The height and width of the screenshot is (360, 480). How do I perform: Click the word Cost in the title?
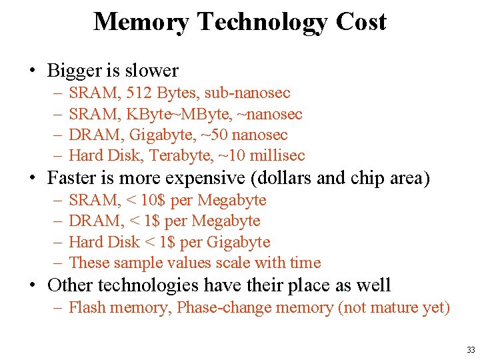click(x=361, y=22)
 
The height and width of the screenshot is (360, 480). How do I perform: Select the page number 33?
click(x=471, y=350)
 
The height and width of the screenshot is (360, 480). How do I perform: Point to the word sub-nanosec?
click(x=247, y=93)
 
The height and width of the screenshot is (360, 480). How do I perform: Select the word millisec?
click(x=275, y=155)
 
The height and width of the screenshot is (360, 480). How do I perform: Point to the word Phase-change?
click(x=223, y=307)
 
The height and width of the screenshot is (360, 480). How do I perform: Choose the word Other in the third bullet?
click(x=70, y=285)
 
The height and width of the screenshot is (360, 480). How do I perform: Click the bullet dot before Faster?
click(x=31, y=179)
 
